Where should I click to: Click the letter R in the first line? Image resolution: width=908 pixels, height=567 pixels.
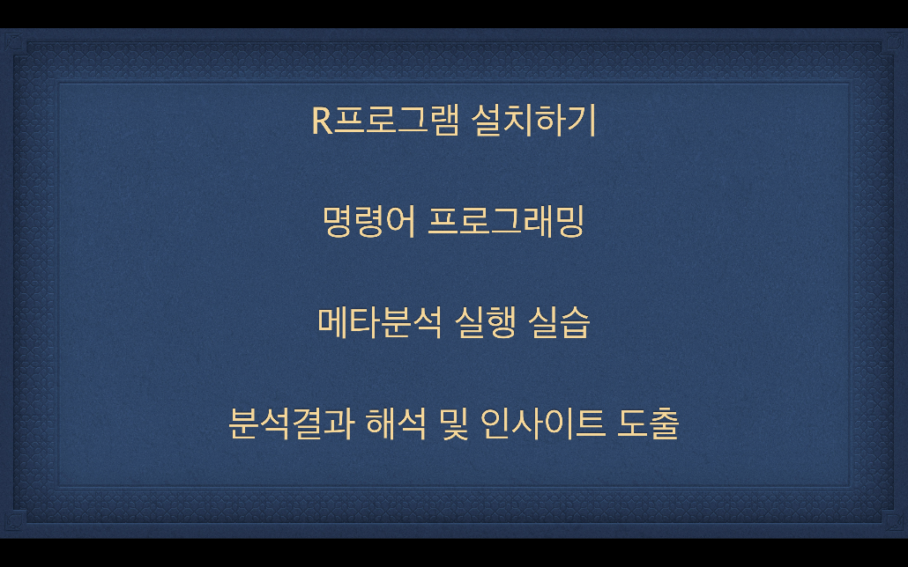[x=323, y=121]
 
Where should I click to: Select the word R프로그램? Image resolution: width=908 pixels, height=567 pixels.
[x=385, y=121]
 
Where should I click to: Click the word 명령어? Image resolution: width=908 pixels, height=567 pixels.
[x=368, y=222]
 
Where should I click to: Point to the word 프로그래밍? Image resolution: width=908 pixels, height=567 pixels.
[x=505, y=222]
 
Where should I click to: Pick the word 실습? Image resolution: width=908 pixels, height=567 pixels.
[x=559, y=322]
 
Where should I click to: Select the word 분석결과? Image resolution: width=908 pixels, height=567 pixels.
[x=291, y=423]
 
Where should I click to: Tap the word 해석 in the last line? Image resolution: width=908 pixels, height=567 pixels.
[x=396, y=423]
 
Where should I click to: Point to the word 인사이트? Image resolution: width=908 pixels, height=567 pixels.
[x=543, y=423]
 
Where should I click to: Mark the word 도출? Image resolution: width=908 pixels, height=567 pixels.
[x=648, y=423]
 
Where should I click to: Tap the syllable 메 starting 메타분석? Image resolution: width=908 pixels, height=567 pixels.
[x=333, y=322]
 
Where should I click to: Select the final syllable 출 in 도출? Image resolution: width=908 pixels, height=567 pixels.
[x=664, y=423]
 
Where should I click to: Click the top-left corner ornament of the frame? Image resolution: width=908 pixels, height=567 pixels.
[x=14, y=41]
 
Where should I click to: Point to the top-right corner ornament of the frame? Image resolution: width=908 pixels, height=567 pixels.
[x=894, y=41]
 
